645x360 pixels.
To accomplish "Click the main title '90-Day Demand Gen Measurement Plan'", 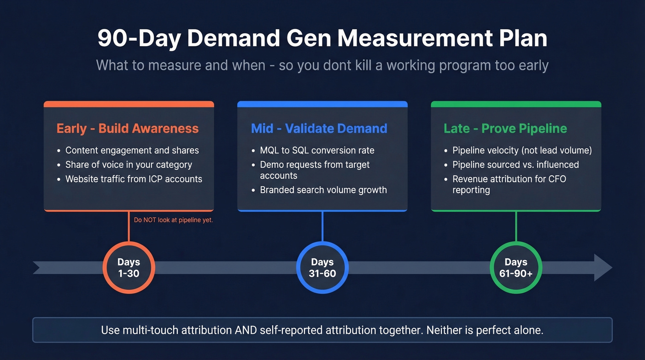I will tap(322, 39).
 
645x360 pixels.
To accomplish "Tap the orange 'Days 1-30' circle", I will tap(129, 268).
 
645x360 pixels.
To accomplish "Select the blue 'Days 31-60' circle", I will tap(322, 268).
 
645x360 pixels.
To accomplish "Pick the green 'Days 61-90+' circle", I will tap(516, 268).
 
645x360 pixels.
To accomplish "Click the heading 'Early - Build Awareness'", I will tap(128, 129).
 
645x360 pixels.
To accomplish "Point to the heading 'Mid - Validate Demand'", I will tap(319, 129).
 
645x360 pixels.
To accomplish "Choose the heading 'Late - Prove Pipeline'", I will tap(505, 129).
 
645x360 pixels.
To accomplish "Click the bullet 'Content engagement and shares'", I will tap(132, 150).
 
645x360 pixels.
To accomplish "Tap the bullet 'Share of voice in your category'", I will tap(129, 165).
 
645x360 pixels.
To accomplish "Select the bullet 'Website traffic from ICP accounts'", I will tap(134, 179).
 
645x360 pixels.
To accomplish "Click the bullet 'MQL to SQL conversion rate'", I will tap(317, 150).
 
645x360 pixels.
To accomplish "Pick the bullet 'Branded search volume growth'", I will tap(323, 190).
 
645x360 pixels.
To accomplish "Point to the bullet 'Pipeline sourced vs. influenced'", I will tap(516, 165).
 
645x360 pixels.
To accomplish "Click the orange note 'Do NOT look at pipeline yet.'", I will tap(173, 220).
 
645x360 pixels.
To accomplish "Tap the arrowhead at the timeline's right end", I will tap(603, 267).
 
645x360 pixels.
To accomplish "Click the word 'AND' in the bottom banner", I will tap(244, 330).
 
